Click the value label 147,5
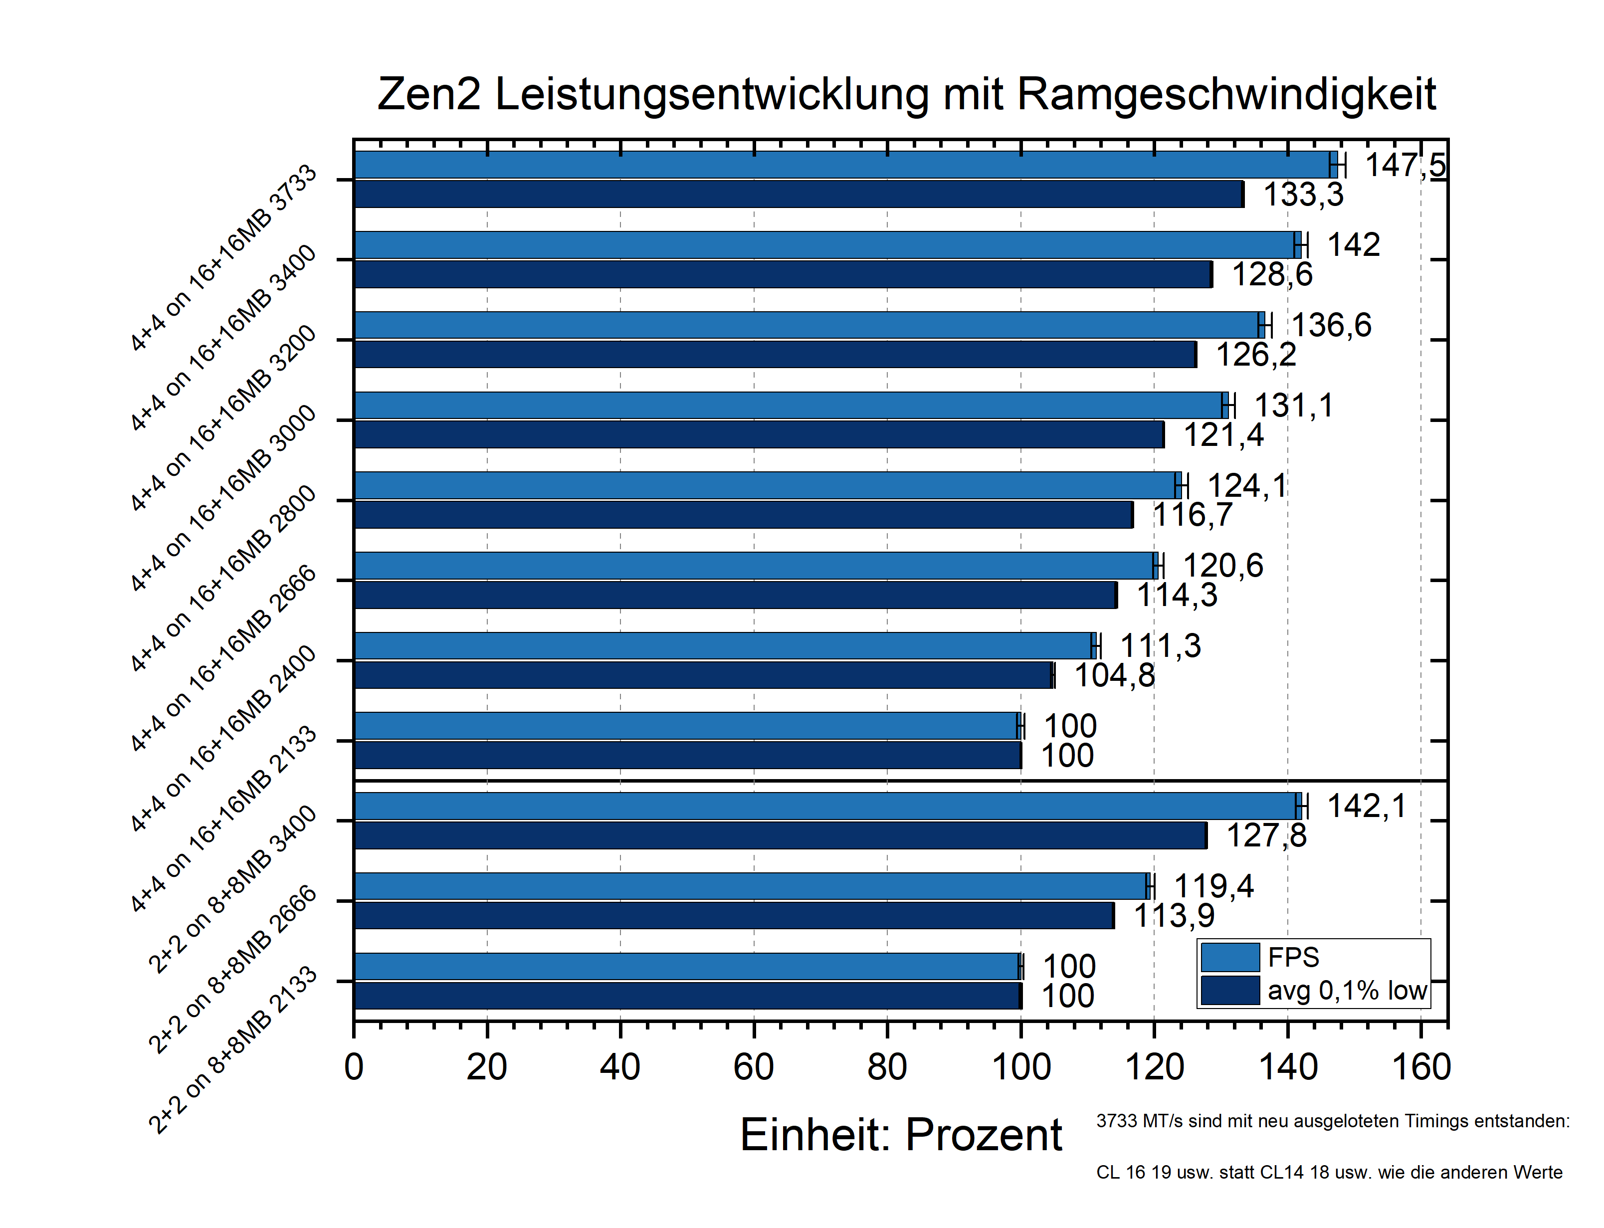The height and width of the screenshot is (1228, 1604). click(x=1404, y=165)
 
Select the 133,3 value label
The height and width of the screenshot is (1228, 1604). click(x=1303, y=195)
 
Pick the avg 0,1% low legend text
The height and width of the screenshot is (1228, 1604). click(x=1347, y=991)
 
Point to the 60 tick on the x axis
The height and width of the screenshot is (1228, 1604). click(x=754, y=1067)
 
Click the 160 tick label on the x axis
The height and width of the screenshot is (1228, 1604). click(x=1420, y=1067)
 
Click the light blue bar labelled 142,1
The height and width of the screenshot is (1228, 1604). click(x=826, y=806)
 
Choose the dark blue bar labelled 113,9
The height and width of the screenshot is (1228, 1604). click(x=733, y=916)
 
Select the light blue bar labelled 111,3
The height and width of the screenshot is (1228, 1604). click(x=723, y=646)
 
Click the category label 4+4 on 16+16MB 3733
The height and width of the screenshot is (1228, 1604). click(x=223, y=258)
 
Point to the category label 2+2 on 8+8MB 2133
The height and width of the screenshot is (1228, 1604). click(x=232, y=1050)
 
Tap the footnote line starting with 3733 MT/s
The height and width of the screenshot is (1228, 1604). click(x=1332, y=1121)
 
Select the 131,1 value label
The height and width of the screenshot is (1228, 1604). click(x=1293, y=406)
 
